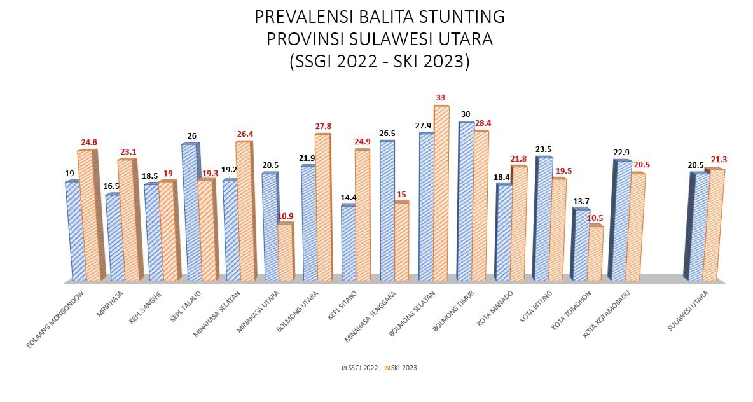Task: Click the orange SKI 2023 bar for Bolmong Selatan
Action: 441,194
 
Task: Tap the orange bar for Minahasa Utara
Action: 285,253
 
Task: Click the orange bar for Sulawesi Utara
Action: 715,226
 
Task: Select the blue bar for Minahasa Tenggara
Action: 387,211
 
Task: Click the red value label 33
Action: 440,98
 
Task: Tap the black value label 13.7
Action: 581,202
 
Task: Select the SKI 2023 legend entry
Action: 403,368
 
